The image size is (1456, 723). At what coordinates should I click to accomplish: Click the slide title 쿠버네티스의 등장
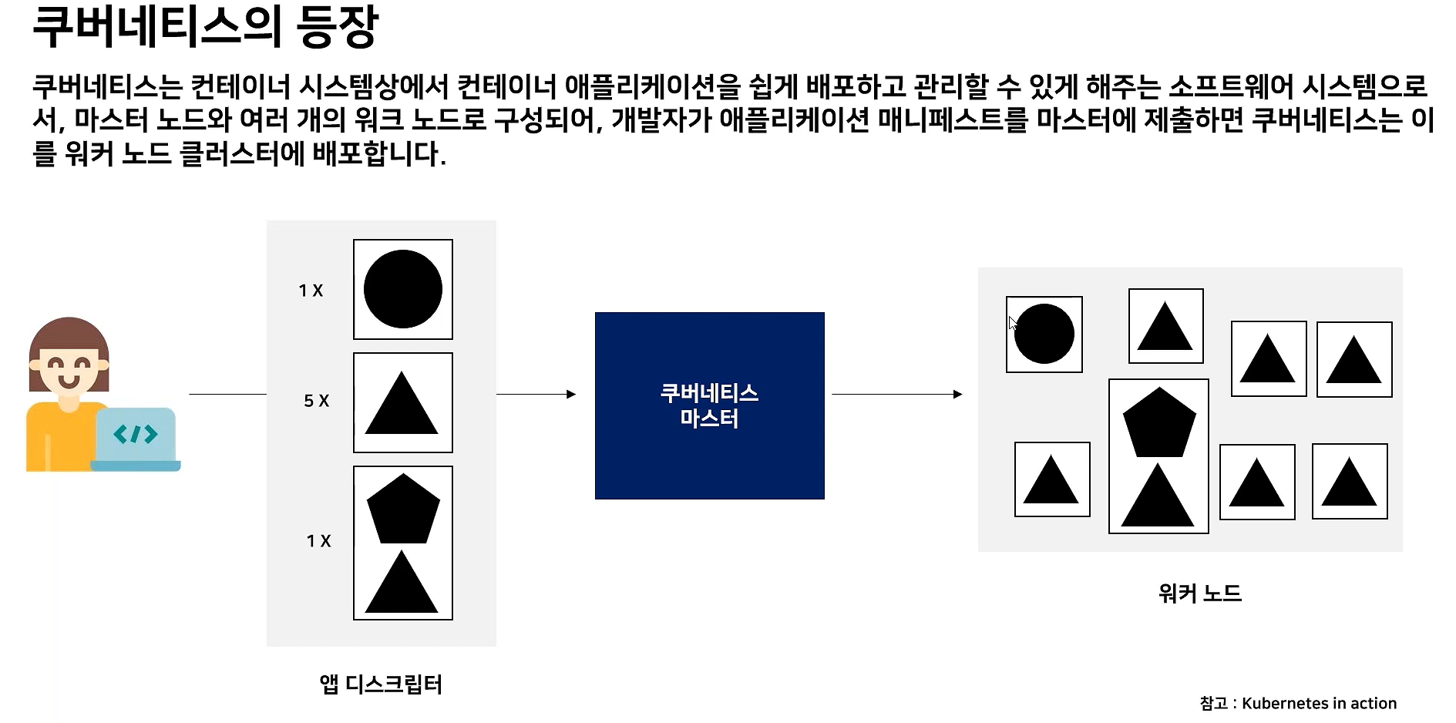click(x=205, y=27)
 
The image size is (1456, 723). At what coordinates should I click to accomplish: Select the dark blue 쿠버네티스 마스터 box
click(x=709, y=405)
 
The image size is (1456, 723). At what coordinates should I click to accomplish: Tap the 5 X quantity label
click(x=316, y=401)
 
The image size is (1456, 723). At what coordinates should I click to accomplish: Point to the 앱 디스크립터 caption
click(x=381, y=684)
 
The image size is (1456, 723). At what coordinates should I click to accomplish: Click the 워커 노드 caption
click(x=1199, y=593)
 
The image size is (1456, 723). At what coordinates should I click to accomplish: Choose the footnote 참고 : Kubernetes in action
click(x=1298, y=703)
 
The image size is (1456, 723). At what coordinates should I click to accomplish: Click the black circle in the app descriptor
click(x=402, y=289)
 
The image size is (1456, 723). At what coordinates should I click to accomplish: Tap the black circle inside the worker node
click(x=1045, y=334)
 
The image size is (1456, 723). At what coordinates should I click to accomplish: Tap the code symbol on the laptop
click(x=135, y=435)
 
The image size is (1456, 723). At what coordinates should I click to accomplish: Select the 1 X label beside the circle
click(x=311, y=291)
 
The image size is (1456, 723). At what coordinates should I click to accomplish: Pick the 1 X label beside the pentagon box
click(x=318, y=541)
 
